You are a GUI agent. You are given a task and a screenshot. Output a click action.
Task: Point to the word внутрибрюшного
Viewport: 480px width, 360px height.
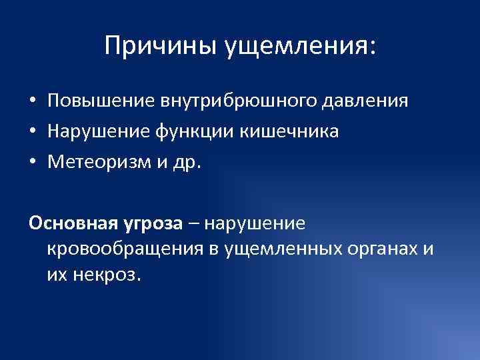[239, 101]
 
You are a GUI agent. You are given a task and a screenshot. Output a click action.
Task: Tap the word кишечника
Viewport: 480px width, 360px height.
[294, 131]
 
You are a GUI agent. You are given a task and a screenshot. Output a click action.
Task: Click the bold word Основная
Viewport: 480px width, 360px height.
[71, 222]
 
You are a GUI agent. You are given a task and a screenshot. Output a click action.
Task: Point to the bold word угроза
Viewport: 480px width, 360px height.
[151, 223]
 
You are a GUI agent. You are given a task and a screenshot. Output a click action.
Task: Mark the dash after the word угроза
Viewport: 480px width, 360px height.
[193, 223]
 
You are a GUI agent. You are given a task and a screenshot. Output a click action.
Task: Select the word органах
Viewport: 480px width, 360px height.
[385, 249]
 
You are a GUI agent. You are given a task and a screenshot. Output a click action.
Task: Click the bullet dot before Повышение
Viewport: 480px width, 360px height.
[32, 102]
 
